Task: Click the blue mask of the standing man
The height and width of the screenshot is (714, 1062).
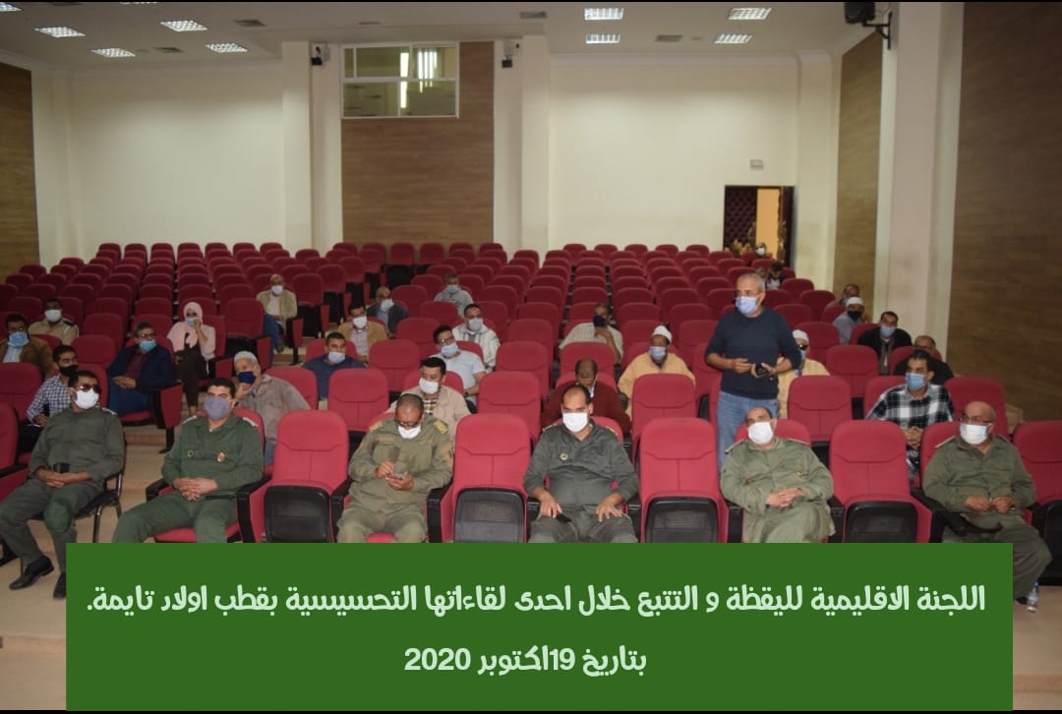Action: pyautogui.click(x=746, y=305)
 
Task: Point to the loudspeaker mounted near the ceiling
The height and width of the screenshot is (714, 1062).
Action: pyautogui.click(x=860, y=12)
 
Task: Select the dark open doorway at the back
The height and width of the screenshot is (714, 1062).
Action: pyautogui.click(x=758, y=223)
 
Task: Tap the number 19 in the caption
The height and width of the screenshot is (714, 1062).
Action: pyautogui.click(x=562, y=658)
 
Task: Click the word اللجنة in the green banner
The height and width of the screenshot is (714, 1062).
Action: pyautogui.click(x=951, y=599)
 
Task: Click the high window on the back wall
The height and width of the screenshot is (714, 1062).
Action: pyautogui.click(x=400, y=81)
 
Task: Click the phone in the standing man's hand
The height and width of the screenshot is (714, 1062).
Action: pyautogui.click(x=761, y=370)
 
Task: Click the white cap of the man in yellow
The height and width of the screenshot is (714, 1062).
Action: pyautogui.click(x=661, y=332)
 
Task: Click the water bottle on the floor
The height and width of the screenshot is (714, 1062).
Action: pyautogui.click(x=1032, y=598)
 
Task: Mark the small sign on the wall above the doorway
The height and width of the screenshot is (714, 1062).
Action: pyautogui.click(x=756, y=163)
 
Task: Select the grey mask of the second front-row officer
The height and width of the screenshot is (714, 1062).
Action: pyautogui.click(x=217, y=408)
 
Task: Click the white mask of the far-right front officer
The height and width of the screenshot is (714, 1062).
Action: pyautogui.click(x=973, y=433)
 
